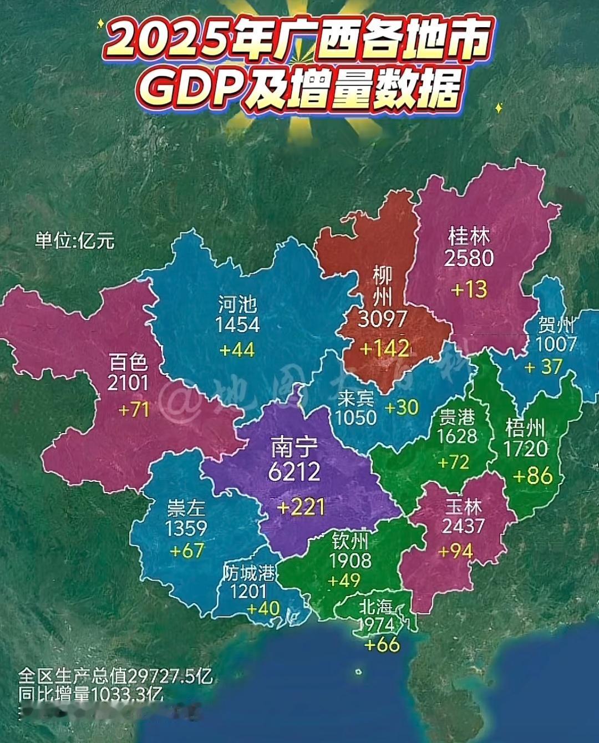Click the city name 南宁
click(x=294, y=447)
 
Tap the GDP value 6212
click(x=294, y=472)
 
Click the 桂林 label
click(x=469, y=237)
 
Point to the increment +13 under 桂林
click(x=469, y=289)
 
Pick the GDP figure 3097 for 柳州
click(x=383, y=319)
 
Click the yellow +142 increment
click(x=384, y=348)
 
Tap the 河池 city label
click(x=237, y=304)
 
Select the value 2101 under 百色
click(x=128, y=383)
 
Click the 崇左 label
click(x=186, y=508)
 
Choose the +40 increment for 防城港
click(x=263, y=608)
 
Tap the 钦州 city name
click(x=350, y=541)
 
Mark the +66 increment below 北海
click(x=382, y=644)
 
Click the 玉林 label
click(x=464, y=507)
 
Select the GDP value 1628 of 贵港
click(x=456, y=436)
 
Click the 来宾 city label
click(x=356, y=398)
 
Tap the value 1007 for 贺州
click(x=556, y=344)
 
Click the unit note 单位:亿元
click(x=75, y=241)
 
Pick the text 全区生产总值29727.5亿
click(x=115, y=676)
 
